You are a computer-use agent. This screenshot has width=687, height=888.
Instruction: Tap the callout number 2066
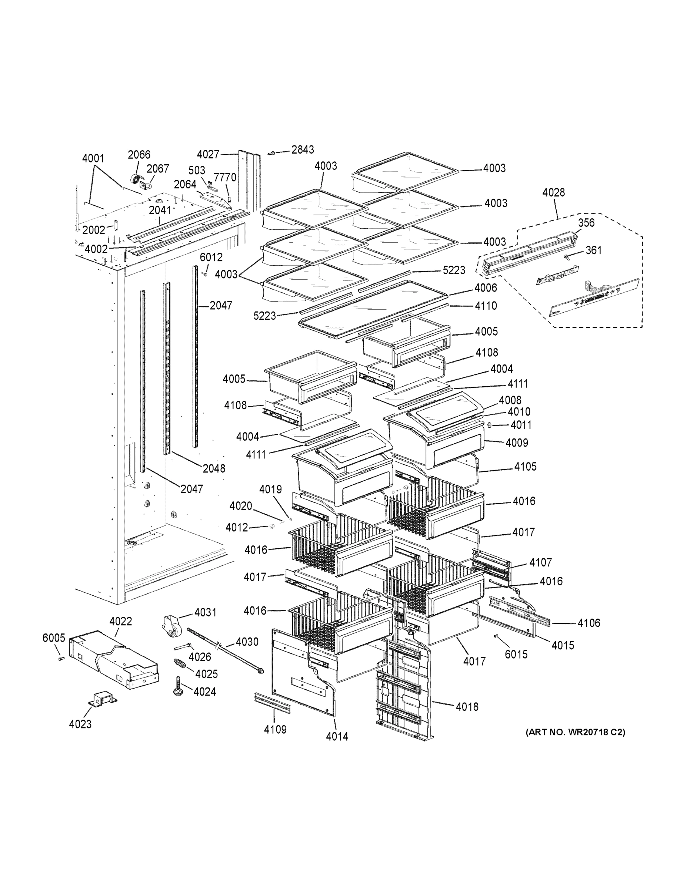click(139, 155)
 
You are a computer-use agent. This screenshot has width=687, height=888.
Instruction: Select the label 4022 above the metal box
click(120, 621)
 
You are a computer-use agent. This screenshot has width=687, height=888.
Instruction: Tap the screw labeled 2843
click(271, 153)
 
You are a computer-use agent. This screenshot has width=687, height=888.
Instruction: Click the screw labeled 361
click(567, 256)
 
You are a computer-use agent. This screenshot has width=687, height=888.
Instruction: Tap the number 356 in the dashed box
click(586, 222)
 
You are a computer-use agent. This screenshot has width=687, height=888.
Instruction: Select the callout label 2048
click(214, 468)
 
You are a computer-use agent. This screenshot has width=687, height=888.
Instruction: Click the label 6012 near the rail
click(211, 258)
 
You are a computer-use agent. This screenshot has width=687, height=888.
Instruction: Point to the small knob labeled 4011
click(490, 425)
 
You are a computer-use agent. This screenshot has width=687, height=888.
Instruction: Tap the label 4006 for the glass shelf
click(485, 288)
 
